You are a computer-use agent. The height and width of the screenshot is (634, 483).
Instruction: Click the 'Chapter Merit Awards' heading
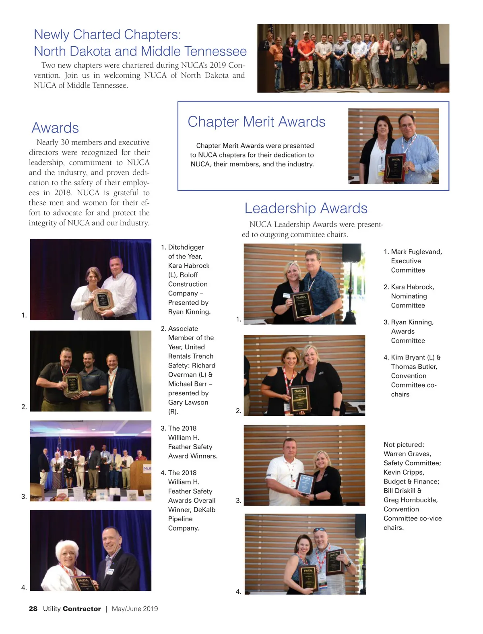pyautogui.click(x=256, y=122)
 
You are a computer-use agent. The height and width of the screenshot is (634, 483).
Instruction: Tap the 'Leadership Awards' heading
pyautogui.click(x=306, y=208)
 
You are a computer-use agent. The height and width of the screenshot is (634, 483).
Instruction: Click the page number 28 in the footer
pyautogui.click(x=33, y=609)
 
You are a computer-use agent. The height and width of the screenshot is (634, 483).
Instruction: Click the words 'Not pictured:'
pyautogui.click(x=404, y=444)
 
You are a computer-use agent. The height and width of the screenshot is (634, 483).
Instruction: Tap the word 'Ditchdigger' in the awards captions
pyautogui.click(x=186, y=247)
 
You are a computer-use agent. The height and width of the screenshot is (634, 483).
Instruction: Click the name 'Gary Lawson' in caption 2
pyautogui.click(x=188, y=402)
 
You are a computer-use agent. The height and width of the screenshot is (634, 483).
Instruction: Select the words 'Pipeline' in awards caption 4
pyautogui.click(x=180, y=519)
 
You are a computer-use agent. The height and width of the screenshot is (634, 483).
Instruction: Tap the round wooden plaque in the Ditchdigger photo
pyautogui.click(x=103, y=300)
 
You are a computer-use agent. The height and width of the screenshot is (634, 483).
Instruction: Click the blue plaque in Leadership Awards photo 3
pyautogui.click(x=305, y=483)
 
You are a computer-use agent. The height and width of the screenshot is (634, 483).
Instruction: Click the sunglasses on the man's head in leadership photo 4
pyautogui.click(x=320, y=530)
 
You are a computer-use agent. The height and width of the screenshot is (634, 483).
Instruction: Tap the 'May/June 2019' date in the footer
pyautogui.click(x=135, y=609)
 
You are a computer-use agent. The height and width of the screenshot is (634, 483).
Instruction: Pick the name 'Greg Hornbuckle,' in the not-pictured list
pyautogui.click(x=411, y=500)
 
